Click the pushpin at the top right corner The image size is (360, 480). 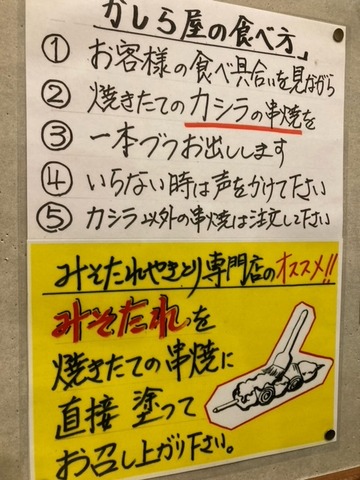click(x=338, y=34)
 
